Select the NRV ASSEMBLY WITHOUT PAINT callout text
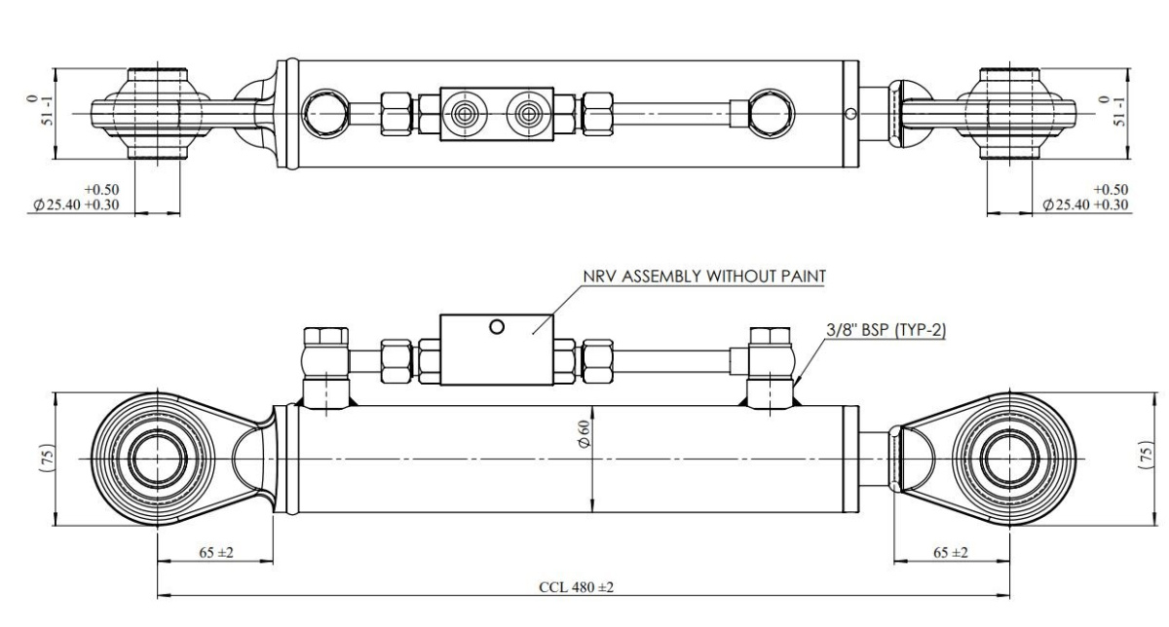pyautogui.click(x=704, y=276)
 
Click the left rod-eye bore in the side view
pyautogui.click(x=156, y=457)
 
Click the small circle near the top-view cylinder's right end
pyautogui.click(x=850, y=114)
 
